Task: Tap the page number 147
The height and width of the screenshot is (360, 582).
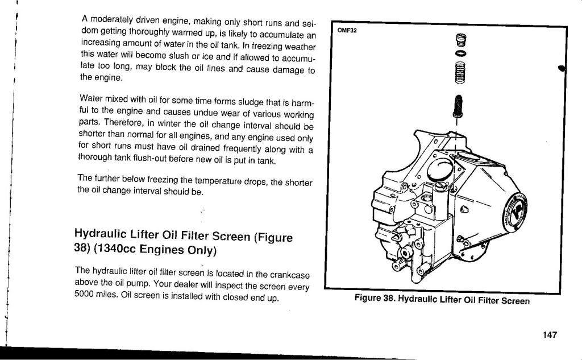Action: pos(550,335)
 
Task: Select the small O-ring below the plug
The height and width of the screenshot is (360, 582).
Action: pos(460,53)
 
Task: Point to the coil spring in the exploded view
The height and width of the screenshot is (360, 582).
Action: pos(459,72)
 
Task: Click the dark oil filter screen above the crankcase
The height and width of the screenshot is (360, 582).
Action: pos(458,105)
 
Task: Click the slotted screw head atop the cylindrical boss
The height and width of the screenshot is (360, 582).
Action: pos(440,185)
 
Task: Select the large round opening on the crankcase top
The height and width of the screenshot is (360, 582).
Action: pos(440,169)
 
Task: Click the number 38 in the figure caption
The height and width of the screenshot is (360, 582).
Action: pos(388,299)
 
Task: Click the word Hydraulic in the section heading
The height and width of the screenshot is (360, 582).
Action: pos(100,233)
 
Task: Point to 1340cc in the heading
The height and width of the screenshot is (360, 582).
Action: pos(115,248)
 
